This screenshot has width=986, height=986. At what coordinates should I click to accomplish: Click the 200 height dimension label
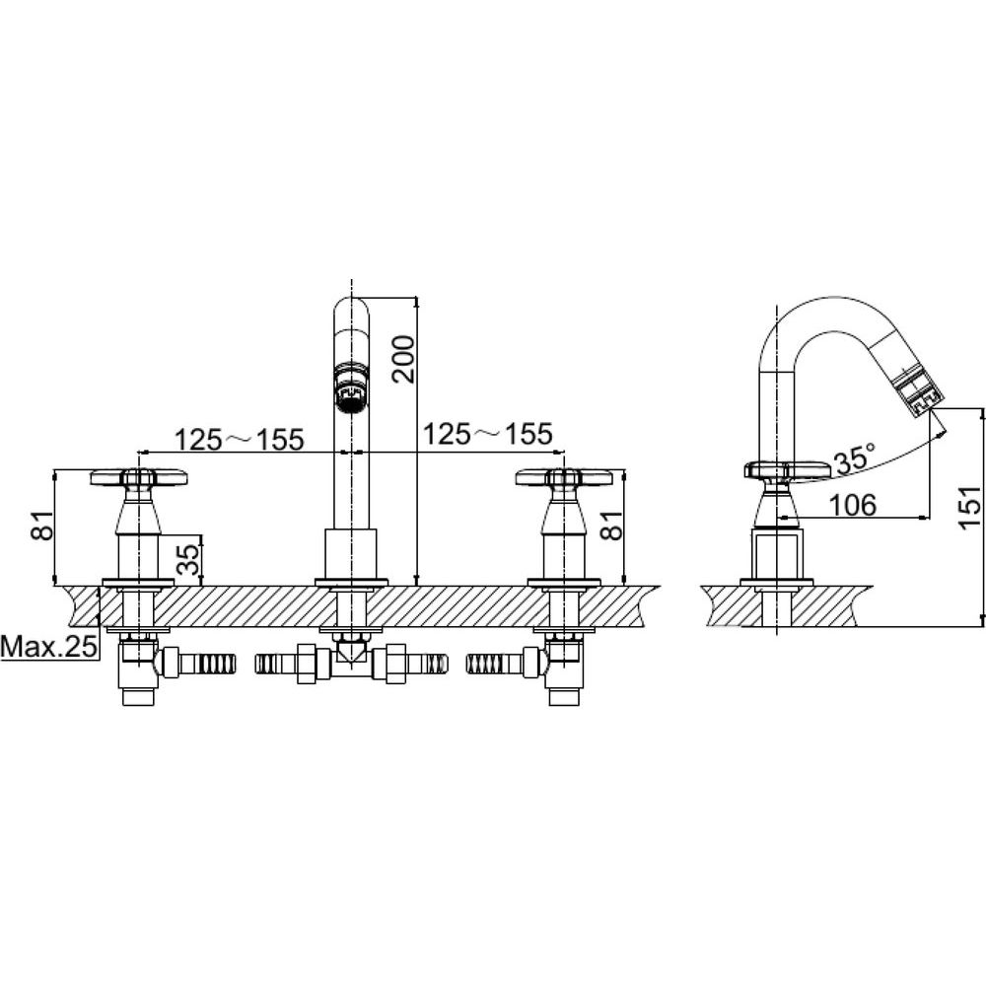[x=403, y=360]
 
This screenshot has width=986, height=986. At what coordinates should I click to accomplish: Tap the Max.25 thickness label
[x=49, y=646]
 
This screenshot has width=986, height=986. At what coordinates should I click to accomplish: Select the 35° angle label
[x=855, y=458]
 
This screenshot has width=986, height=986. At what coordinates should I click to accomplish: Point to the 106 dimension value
[x=852, y=504]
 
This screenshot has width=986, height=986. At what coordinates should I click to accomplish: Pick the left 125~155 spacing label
[x=239, y=439]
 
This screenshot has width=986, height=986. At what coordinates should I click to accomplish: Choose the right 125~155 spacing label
[x=487, y=434]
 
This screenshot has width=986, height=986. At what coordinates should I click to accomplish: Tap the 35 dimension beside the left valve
[x=188, y=560]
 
